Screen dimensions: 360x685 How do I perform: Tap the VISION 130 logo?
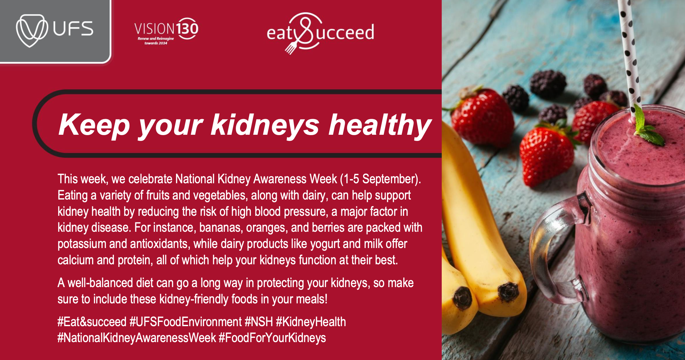pos(166,29)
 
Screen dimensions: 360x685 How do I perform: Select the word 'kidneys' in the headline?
pos(265,125)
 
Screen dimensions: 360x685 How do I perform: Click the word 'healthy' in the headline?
pos(379,126)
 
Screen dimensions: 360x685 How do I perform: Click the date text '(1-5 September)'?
pos(380,179)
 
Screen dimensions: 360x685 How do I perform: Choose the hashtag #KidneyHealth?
pos(311,322)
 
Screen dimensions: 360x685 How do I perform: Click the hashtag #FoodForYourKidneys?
pos(272,338)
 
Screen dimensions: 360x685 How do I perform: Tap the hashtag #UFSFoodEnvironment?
pos(185,322)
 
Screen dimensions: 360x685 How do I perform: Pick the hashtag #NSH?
pos(259,322)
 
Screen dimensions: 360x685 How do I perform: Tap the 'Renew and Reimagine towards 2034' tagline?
pos(156,41)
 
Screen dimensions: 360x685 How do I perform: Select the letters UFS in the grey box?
pos(73,29)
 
